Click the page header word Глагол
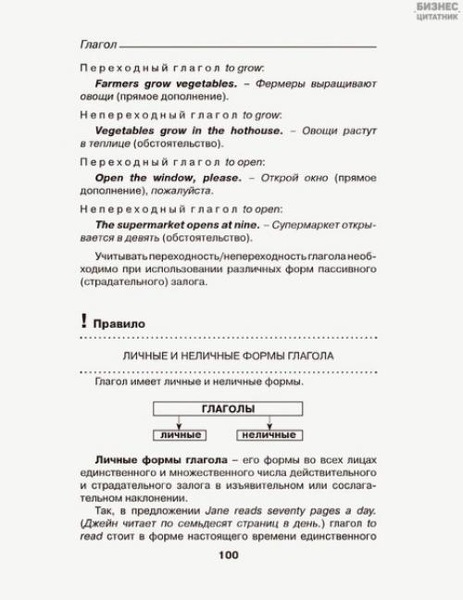pyautogui.click(x=98, y=43)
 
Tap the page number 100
pyautogui.click(x=228, y=555)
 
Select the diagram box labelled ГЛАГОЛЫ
pyautogui.click(x=228, y=407)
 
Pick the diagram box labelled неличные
pyautogui.click(x=269, y=434)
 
